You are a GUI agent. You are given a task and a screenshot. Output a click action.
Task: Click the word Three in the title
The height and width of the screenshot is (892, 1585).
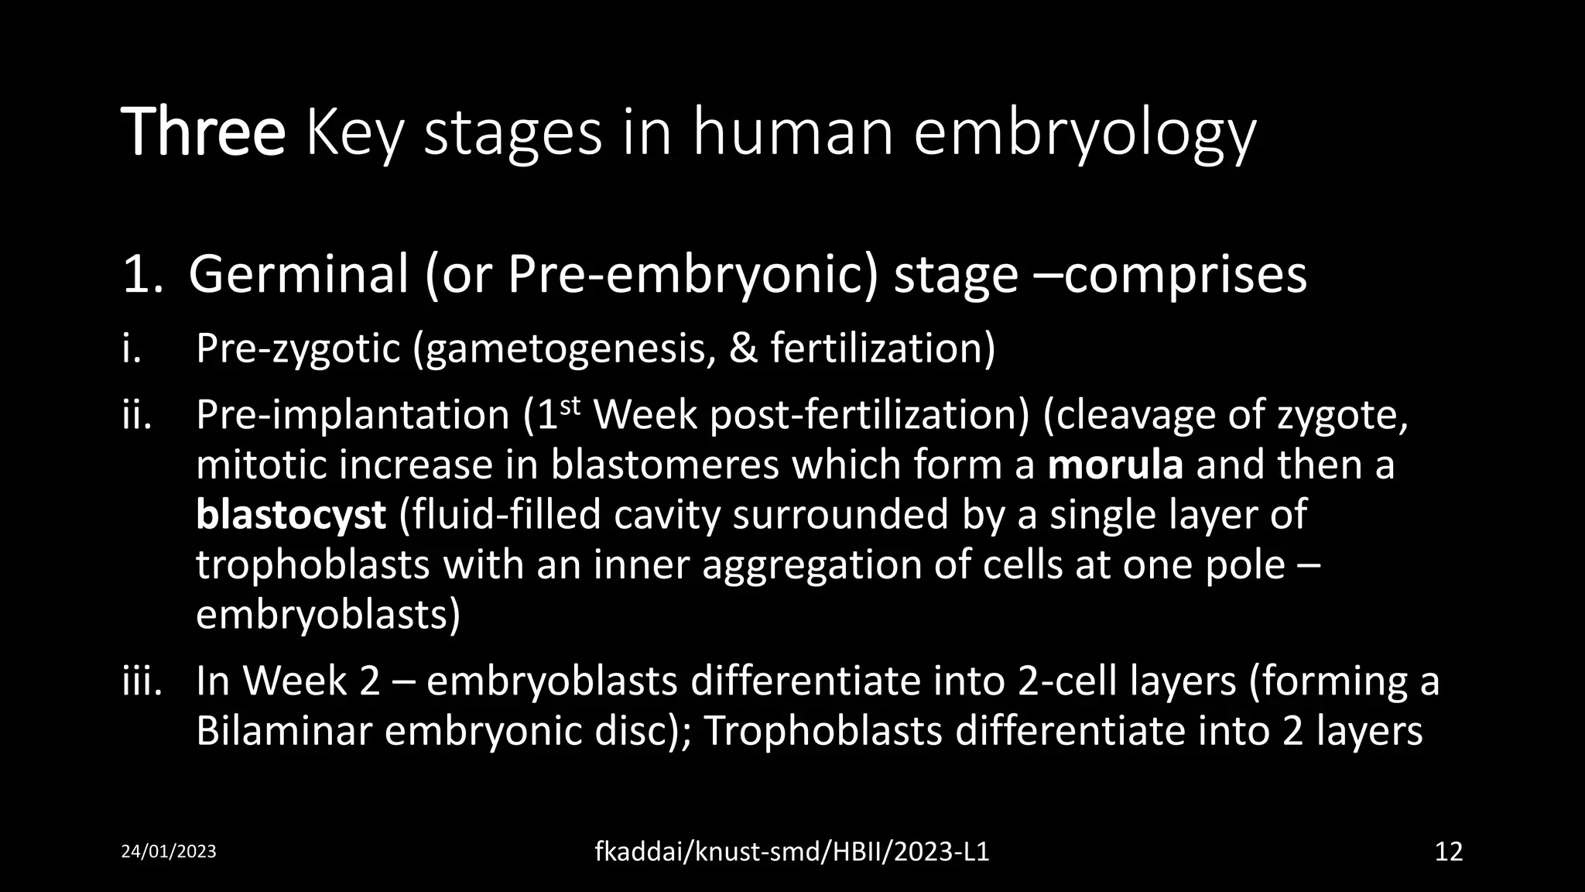coord(203,133)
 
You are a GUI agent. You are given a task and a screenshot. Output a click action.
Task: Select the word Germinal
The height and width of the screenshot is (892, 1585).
coord(298,275)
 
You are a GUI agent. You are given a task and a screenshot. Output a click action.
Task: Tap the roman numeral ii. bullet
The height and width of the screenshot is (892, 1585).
coord(138,415)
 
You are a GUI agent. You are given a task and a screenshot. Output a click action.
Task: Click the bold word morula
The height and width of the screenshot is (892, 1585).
coord(1115,465)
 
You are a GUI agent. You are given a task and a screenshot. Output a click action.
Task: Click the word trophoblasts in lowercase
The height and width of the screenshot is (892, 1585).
coord(313,565)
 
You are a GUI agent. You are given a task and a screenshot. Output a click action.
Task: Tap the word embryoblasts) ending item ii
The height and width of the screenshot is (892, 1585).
coord(327,616)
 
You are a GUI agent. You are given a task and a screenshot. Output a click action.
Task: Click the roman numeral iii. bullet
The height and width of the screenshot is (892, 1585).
coord(142,681)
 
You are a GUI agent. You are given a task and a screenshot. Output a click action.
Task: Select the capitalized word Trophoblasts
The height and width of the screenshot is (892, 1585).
coord(822,731)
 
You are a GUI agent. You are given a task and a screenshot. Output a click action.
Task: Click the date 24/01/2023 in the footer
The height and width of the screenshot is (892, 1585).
coord(169,852)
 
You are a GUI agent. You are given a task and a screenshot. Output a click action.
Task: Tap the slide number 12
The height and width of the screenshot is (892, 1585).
coord(1448,852)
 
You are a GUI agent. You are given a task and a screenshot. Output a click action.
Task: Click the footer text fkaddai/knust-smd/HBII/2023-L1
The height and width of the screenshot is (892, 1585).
coord(792,852)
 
